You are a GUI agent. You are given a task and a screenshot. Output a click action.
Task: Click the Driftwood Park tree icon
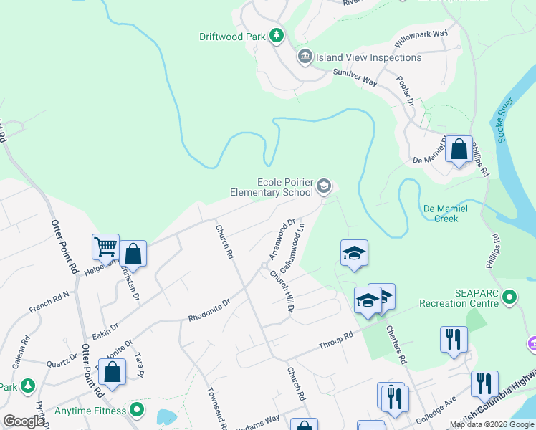[x=276, y=36]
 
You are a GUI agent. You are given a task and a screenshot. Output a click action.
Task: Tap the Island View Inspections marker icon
[x=305, y=57]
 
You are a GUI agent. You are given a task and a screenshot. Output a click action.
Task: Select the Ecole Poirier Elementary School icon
[x=323, y=187]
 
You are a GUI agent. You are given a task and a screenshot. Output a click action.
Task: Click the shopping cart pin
[x=105, y=247]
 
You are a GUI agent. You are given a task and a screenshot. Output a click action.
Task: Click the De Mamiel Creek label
[x=446, y=213]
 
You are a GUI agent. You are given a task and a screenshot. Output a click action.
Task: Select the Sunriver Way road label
[x=355, y=77]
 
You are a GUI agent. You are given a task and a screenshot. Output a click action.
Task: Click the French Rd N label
[x=49, y=302]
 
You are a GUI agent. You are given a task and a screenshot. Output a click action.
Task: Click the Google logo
[x=23, y=421]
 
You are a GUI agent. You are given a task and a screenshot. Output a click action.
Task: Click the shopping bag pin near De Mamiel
[x=459, y=150]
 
